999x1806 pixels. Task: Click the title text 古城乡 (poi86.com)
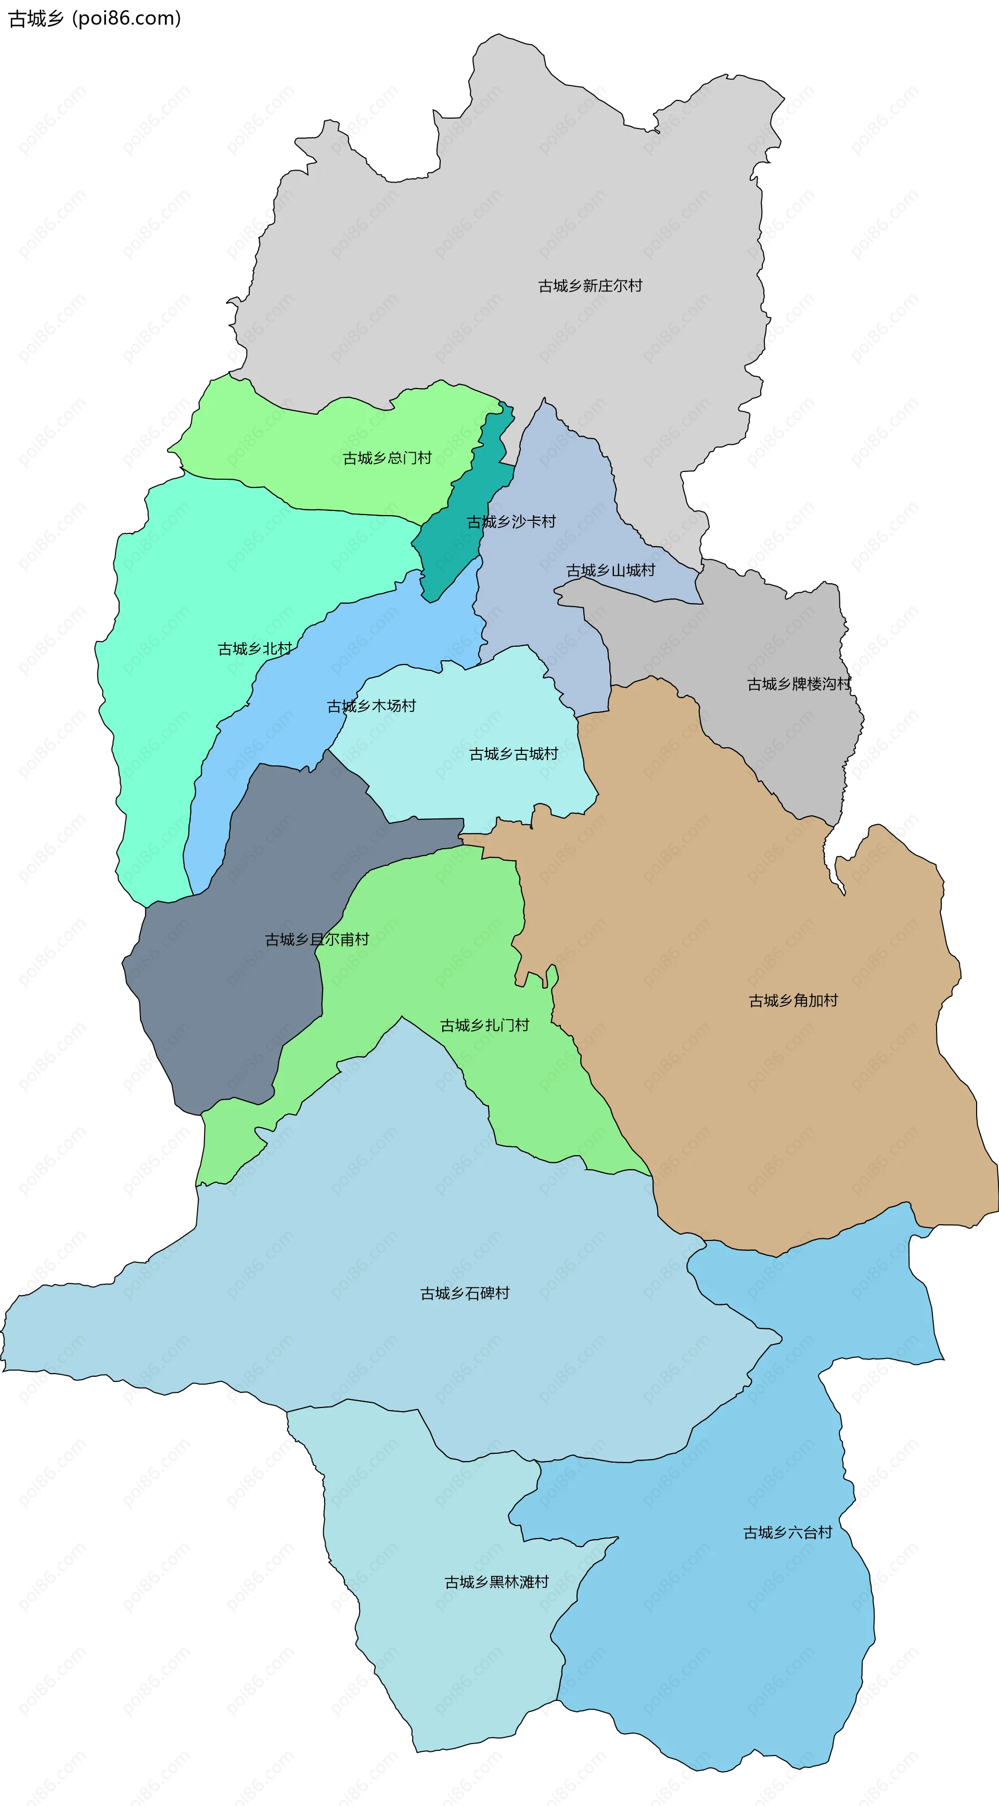point(95,18)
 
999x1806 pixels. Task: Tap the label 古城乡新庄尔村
point(590,286)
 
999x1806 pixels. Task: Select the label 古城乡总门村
point(387,458)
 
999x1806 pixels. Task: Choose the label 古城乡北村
point(254,649)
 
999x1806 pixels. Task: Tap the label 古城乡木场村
point(371,707)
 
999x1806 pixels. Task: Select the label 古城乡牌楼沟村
point(799,684)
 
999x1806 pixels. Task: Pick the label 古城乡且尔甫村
point(317,940)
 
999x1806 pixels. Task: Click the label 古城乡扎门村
point(484,1026)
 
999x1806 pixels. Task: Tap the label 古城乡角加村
point(793,1001)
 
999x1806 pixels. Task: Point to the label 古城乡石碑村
point(464,1293)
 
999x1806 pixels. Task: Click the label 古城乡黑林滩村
point(496,1582)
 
